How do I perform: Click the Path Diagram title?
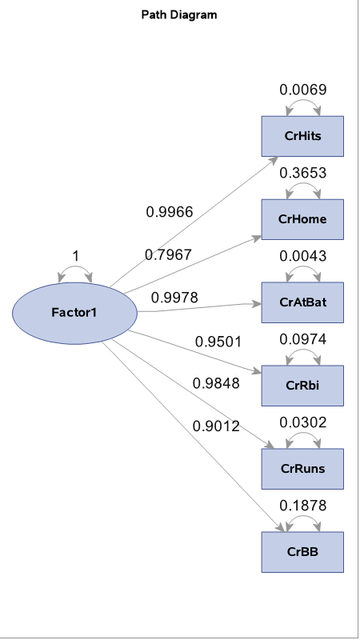[179, 15]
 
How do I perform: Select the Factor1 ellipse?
[74, 311]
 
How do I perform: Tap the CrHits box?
[303, 136]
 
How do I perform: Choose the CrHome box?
[303, 219]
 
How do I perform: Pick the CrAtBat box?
[303, 302]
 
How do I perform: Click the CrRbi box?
[303, 386]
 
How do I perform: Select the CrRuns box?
[303, 469]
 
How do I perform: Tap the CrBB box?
[303, 552]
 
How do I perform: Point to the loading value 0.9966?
[169, 212]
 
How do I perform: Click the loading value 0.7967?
[168, 254]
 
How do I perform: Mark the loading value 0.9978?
[174, 298]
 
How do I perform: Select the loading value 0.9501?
[218, 342]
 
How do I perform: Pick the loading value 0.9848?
[216, 383]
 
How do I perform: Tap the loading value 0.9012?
[216, 426]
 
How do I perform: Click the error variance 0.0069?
[303, 90]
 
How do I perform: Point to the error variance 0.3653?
[303, 173]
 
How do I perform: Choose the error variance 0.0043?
[303, 256]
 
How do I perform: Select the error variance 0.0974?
[303, 339]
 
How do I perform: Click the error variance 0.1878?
[303, 506]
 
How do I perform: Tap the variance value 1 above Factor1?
[75, 256]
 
